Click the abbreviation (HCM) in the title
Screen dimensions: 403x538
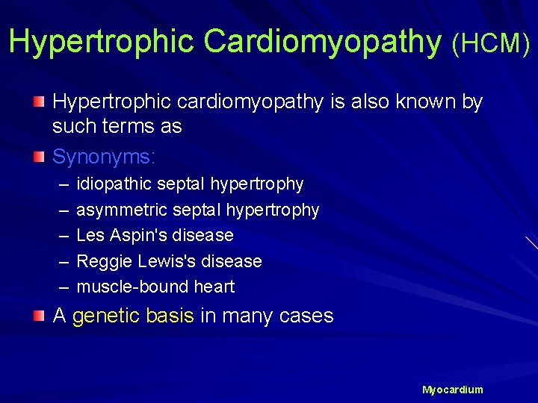[490, 44]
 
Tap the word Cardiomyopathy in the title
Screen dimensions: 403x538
[322, 43]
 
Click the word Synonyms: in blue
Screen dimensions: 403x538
[104, 157]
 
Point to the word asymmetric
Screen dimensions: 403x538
[121, 210]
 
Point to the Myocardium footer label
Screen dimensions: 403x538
[452, 390]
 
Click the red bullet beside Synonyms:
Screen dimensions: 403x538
[39, 157]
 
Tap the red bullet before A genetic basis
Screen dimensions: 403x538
[39, 316]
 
